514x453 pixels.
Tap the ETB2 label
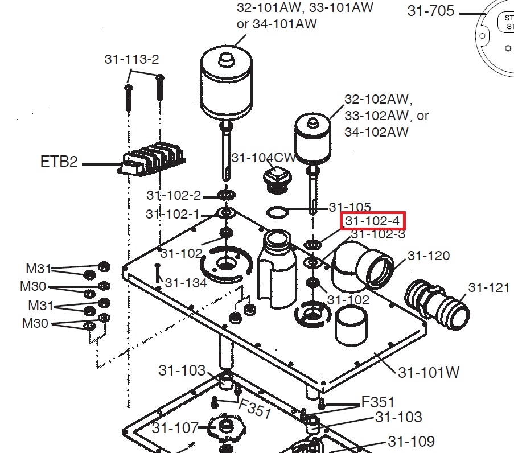click(59, 162)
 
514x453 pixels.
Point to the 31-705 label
click(431, 11)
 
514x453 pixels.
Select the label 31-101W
click(429, 373)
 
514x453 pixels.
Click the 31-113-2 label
click(131, 59)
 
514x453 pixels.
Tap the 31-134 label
click(186, 282)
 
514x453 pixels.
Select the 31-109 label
click(411, 441)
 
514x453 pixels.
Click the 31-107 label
click(175, 427)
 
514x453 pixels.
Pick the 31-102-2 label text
click(174, 195)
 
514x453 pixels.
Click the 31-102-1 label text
click(172, 214)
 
